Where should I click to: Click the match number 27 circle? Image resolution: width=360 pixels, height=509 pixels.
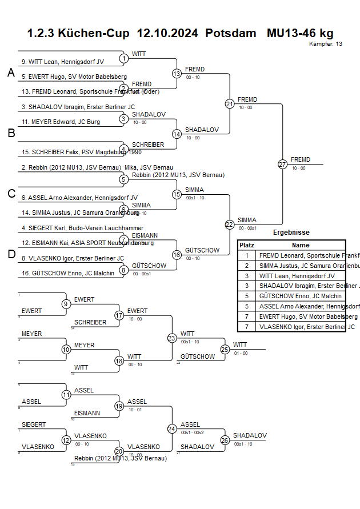click(282, 164)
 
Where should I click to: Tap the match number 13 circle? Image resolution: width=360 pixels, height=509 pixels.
click(177, 74)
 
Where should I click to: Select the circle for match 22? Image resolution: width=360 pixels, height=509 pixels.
click(230, 225)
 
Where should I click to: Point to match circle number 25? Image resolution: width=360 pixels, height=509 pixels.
click(225, 349)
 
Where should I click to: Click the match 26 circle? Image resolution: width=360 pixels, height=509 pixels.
click(225, 440)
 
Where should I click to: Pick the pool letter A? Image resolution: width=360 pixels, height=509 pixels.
click(11, 73)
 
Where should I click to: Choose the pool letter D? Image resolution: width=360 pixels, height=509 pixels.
click(11, 254)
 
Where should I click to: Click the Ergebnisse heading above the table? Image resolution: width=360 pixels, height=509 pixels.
click(291, 233)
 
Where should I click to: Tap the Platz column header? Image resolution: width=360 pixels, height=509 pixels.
click(247, 245)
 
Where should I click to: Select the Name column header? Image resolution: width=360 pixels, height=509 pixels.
click(301, 245)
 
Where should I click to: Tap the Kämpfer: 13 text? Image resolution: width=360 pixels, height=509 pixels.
click(326, 44)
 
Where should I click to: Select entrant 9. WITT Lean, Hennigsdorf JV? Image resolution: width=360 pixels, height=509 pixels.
click(63, 61)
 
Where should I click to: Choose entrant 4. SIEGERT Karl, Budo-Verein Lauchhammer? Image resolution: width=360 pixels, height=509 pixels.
click(74, 228)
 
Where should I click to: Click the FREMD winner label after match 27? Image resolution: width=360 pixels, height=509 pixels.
click(301, 159)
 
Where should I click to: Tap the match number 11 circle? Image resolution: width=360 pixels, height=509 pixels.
click(66, 395)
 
